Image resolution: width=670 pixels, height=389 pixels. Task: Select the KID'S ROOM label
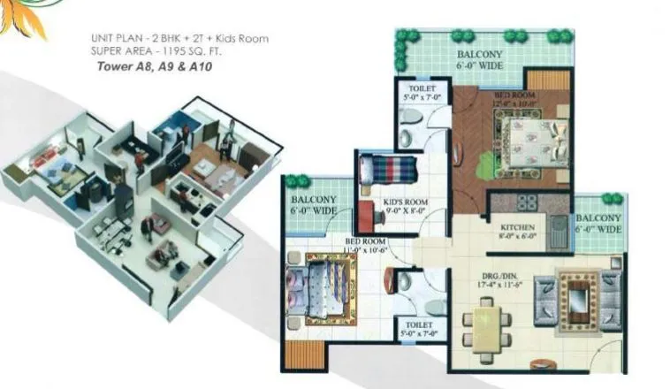click(406, 202)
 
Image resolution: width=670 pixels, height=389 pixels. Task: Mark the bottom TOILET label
click(415, 324)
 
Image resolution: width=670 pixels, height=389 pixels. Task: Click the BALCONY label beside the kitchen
click(598, 217)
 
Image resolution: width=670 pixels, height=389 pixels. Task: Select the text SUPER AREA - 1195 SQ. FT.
click(160, 51)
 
